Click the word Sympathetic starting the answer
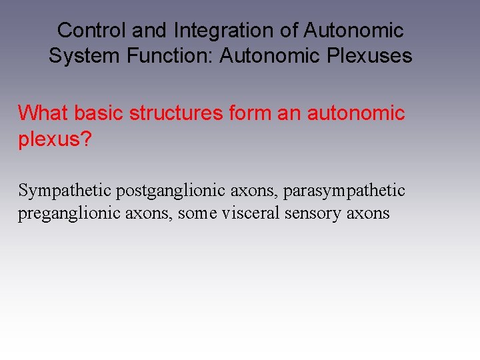pos(65,191)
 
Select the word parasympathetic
pos(344,191)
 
